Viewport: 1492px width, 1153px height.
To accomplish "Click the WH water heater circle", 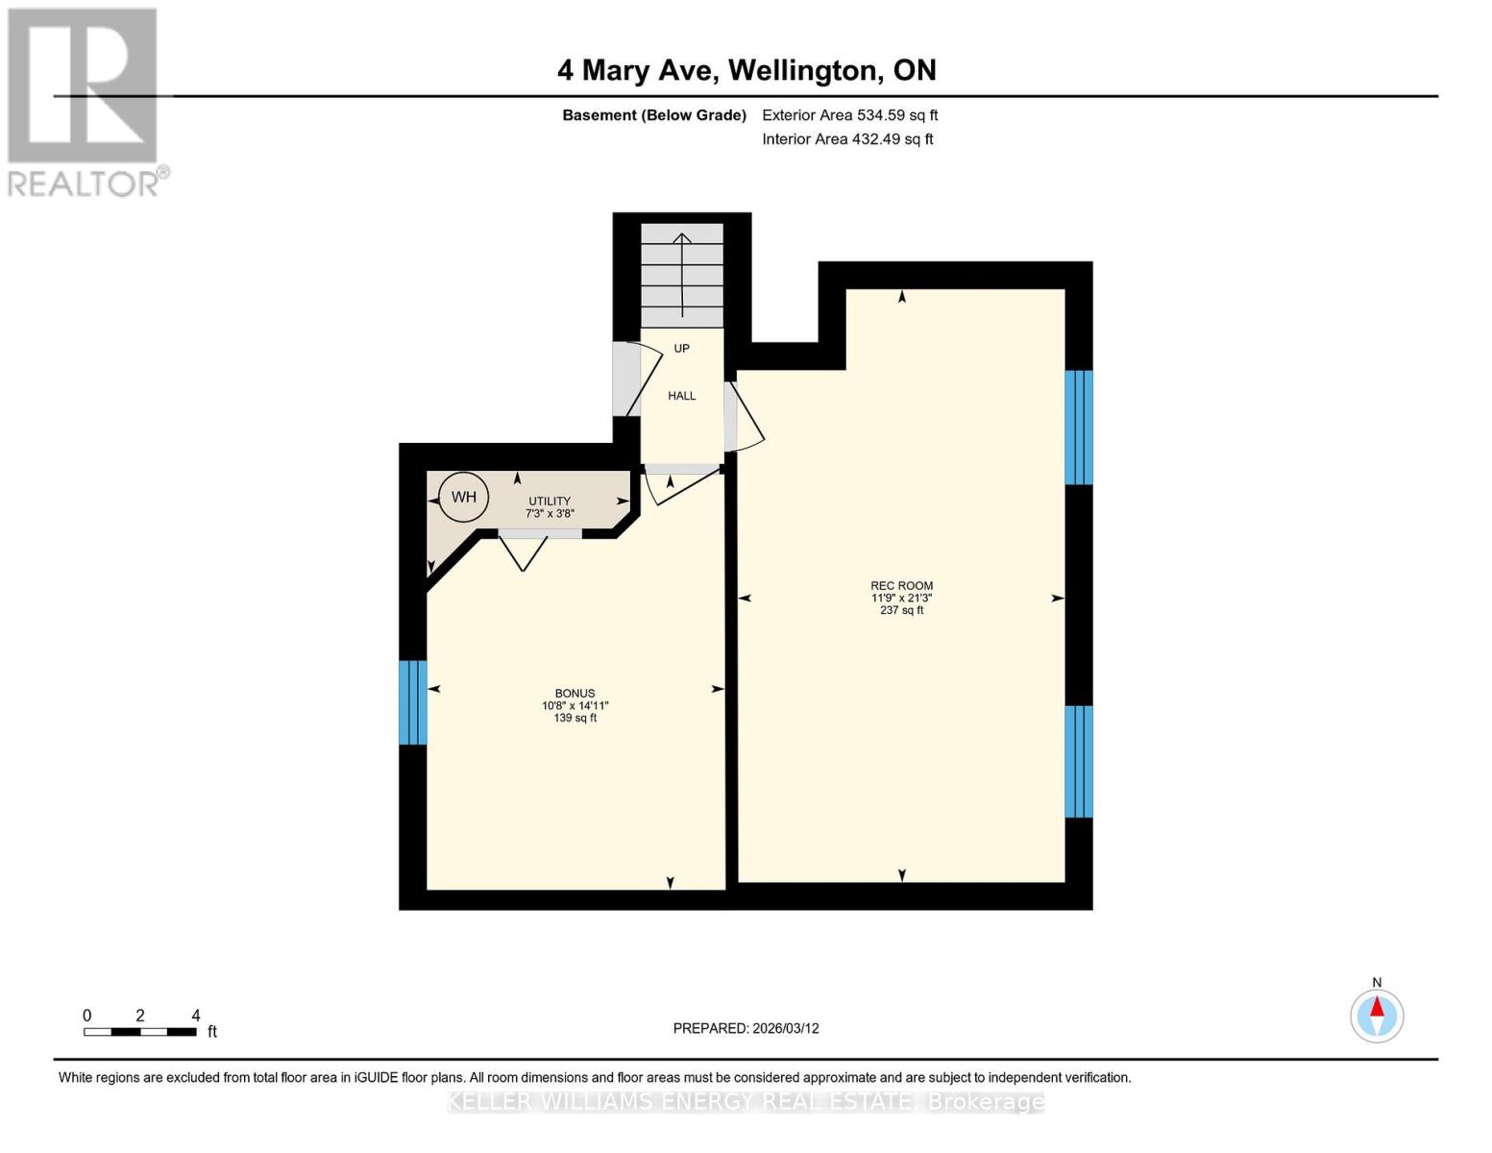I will [x=463, y=497].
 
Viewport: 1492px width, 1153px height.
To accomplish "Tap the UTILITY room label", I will [x=550, y=502].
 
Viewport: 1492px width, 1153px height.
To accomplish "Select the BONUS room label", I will [x=575, y=693].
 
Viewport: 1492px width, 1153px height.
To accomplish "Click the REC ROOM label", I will [x=901, y=585].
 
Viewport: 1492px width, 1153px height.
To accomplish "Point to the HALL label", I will [x=681, y=396].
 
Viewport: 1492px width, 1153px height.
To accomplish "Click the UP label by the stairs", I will [x=681, y=349].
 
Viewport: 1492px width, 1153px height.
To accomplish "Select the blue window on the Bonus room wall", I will [x=412, y=701].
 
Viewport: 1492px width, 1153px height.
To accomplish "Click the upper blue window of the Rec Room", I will [x=1079, y=428].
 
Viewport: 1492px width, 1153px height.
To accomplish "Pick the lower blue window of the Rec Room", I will [x=1079, y=761].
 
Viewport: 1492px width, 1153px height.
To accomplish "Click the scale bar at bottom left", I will [x=140, y=1031].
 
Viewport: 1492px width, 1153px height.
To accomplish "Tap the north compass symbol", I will [x=1377, y=1015].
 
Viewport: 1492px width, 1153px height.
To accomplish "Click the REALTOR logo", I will [x=85, y=101].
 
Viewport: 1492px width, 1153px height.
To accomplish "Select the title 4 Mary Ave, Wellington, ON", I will [x=746, y=70].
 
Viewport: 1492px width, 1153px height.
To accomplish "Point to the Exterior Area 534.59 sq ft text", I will [x=849, y=115].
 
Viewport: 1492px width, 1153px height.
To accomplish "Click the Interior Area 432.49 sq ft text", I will [x=847, y=139].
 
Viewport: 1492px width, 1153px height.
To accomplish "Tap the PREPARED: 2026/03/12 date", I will [x=746, y=1028].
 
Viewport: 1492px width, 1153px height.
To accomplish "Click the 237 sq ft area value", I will [x=901, y=610].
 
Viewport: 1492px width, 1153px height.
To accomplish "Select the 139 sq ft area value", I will [x=575, y=718].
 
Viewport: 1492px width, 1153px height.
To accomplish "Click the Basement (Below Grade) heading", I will [x=653, y=115].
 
